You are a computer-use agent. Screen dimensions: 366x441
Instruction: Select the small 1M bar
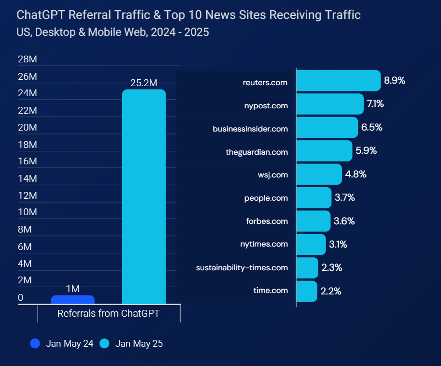point(72,300)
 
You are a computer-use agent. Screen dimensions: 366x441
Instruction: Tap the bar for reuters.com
point(338,81)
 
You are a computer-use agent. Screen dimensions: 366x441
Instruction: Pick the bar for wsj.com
point(319,175)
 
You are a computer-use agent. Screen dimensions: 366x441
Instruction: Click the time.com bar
point(306,291)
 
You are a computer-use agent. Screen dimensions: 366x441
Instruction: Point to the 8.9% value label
point(394,81)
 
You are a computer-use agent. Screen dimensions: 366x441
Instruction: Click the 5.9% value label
point(366,151)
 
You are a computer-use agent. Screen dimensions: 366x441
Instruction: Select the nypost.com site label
point(266,105)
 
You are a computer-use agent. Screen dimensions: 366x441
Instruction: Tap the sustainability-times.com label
point(242,267)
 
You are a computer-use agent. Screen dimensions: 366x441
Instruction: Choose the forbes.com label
point(267,221)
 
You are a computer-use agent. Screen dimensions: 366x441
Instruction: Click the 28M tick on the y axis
point(27,59)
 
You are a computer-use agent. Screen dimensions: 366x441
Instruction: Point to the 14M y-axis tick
point(27,179)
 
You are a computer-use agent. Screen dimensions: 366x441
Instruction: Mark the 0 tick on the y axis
point(20,298)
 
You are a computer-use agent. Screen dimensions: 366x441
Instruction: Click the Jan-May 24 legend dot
point(35,344)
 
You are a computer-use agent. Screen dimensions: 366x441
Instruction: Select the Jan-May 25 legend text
point(139,344)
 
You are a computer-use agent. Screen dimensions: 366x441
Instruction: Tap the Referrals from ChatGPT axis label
point(109,313)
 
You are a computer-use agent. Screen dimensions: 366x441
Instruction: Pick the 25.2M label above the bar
point(144,83)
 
